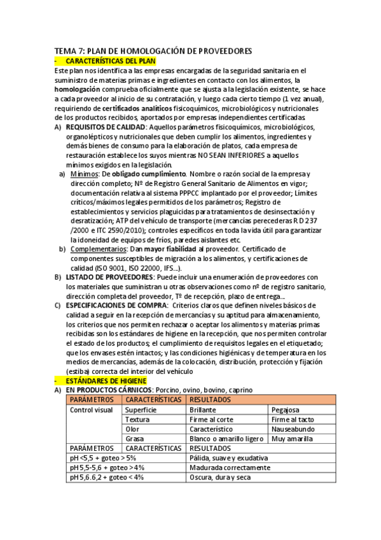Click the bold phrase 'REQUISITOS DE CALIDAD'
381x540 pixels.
tap(105, 127)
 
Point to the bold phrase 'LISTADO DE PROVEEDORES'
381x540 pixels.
tap(109, 277)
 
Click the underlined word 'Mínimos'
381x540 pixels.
tap(83, 174)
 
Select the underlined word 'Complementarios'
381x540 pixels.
tap(100, 248)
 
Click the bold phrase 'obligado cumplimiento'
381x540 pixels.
tap(149, 174)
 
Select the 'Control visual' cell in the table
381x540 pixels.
tap(90, 410)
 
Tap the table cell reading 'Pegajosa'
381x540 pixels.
tap(285, 410)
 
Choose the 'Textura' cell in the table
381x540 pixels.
tap(137, 420)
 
